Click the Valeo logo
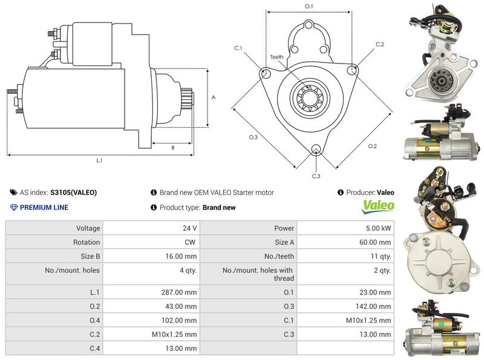click(x=378, y=207)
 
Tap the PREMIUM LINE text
click(x=44, y=208)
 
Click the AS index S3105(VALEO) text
click(x=73, y=193)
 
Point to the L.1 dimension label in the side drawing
click(x=99, y=160)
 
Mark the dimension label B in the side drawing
click(x=172, y=147)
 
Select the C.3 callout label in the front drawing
click(x=315, y=176)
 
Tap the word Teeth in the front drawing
click(x=276, y=57)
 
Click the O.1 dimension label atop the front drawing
click(x=309, y=6)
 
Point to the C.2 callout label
click(x=379, y=44)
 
